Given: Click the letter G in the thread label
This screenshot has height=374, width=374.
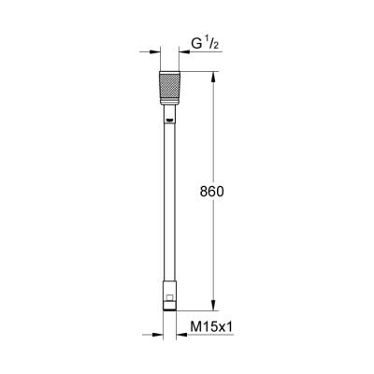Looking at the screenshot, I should pyautogui.click(x=195, y=44).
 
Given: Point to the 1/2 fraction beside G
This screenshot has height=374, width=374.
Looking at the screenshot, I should pyautogui.click(x=211, y=43).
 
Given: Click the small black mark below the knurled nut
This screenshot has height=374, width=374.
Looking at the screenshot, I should pyautogui.click(x=170, y=120).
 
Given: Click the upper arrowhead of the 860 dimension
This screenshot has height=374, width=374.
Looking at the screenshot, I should pyautogui.click(x=214, y=74).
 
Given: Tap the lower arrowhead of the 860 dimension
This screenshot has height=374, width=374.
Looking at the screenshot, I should pyautogui.click(x=214, y=305).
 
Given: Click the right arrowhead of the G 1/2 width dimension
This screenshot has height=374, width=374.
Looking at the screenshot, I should pyautogui.click(x=184, y=51).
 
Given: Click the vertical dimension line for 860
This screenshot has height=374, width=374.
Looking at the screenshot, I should pyautogui.click(x=214, y=140).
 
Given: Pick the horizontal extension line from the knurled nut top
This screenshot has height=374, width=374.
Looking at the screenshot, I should pyautogui.click(x=201, y=67).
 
